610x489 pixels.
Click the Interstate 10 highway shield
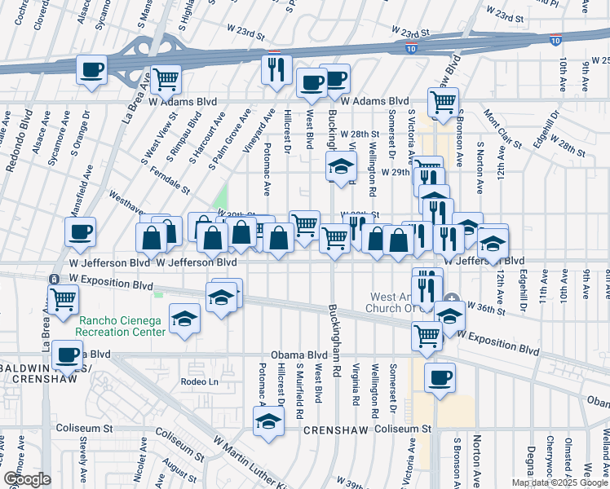click(x=555, y=39)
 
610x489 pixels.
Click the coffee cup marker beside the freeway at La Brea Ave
click(x=92, y=69)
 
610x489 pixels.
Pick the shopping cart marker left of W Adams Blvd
click(x=166, y=80)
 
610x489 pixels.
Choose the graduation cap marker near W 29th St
click(x=339, y=168)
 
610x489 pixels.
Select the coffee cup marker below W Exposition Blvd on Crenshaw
click(x=440, y=377)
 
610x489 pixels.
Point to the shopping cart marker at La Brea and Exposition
click(x=63, y=298)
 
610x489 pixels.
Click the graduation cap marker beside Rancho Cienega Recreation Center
click(x=185, y=319)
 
